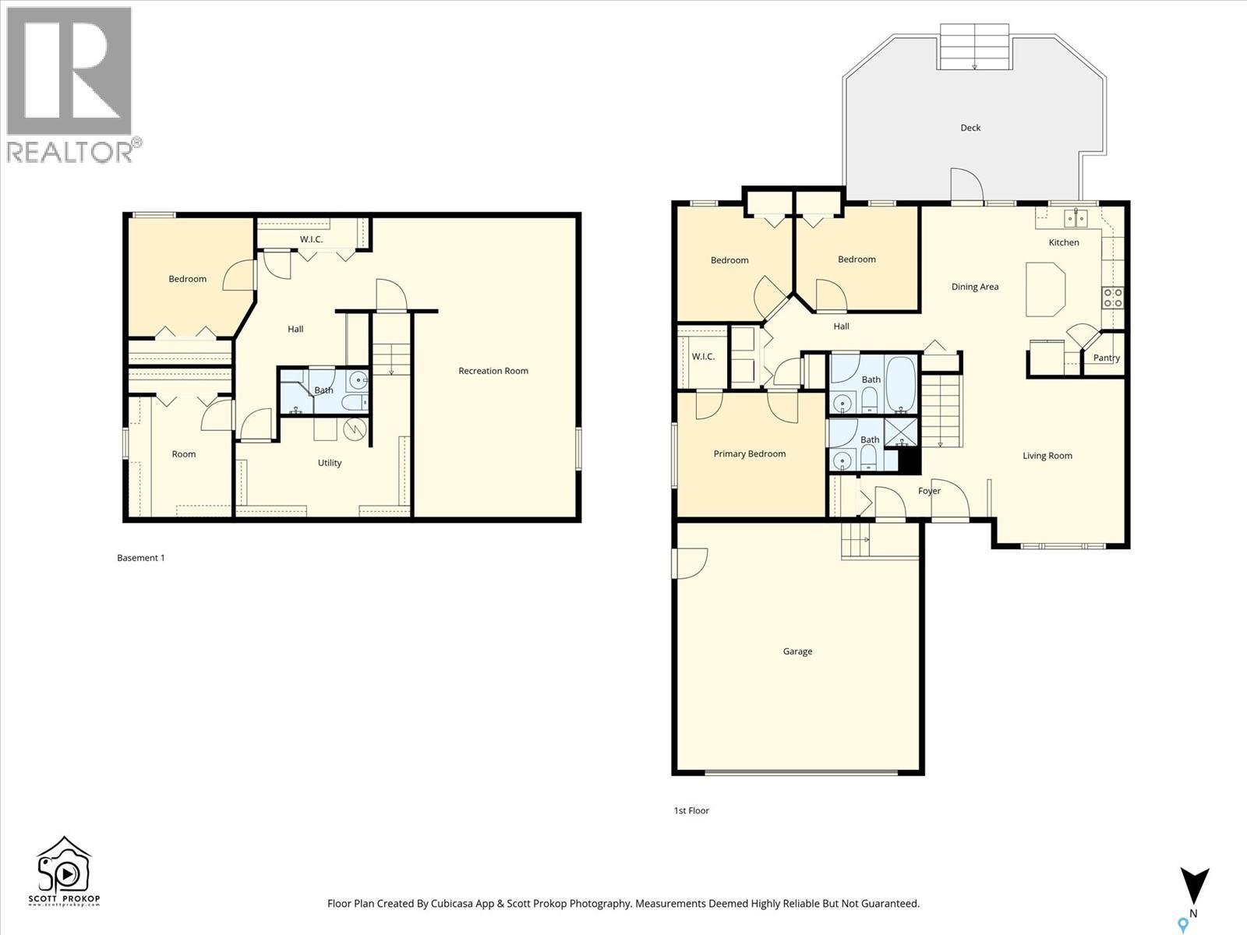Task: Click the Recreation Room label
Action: (x=493, y=371)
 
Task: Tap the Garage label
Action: (x=797, y=651)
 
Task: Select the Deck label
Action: (x=970, y=128)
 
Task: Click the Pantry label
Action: (x=1106, y=358)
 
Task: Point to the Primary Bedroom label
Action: (x=749, y=453)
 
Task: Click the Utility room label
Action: (x=330, y=463)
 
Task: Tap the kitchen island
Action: (x=1045, y=289)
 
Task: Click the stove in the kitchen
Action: (x=1112, y=297)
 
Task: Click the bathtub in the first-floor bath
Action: (x=900, y=383)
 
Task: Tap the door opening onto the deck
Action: (x=966, y=185)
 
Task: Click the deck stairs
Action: (x=975, y=47)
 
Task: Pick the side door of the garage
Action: (x=691, y=563)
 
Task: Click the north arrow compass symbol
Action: (x=1193, y=888)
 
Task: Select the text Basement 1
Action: (x=141, y=558)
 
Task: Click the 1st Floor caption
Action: (x=691, y=810)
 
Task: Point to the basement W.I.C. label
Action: (x=311, y=239)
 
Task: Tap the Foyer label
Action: (x=929, y=491)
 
